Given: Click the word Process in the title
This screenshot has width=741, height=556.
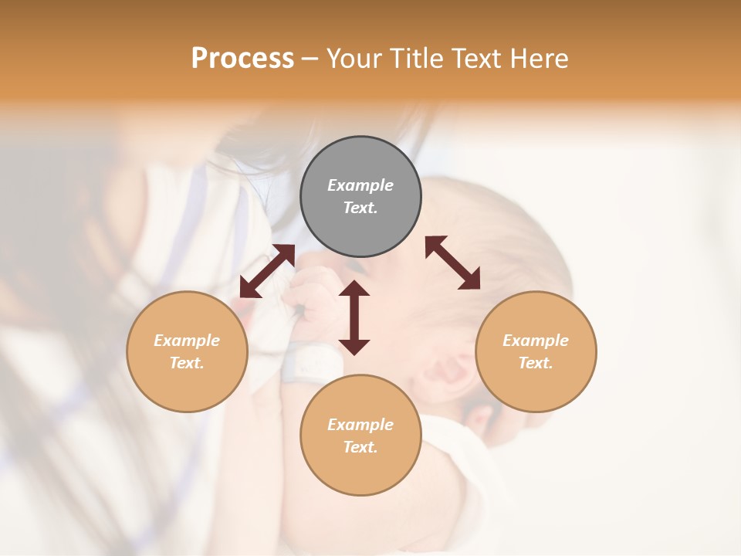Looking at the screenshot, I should (242, 59).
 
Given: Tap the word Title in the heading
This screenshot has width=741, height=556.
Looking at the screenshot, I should (417, 59).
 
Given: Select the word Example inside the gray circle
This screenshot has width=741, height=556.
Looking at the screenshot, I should (360, 185).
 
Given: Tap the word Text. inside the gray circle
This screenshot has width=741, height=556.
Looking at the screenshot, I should (360, 208).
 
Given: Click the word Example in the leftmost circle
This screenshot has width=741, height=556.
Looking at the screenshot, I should (187, 341).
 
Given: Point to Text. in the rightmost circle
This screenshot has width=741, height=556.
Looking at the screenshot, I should (536, 363).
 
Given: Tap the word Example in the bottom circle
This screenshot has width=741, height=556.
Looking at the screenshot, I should (360, 425).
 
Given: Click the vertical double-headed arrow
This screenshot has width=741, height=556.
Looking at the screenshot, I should (354, 317).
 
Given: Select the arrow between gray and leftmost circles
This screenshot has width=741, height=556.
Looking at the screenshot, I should (267, 271).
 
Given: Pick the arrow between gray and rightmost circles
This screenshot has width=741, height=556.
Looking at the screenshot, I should (453, 263).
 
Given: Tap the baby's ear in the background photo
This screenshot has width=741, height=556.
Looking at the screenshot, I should (452, 375).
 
